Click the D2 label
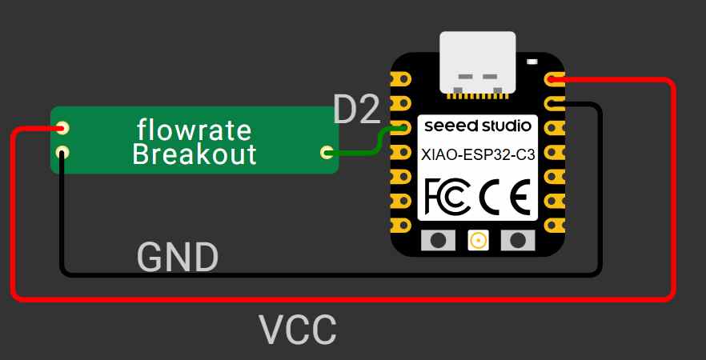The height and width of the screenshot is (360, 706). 357,110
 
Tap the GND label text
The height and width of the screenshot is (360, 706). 178,258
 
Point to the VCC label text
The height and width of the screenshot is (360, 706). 298,330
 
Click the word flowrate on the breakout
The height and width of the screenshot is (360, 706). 194,130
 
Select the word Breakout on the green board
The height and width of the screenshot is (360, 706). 195,154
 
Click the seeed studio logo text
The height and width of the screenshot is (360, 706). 478,126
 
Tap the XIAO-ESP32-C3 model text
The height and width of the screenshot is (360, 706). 478,155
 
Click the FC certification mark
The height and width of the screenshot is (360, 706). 448,196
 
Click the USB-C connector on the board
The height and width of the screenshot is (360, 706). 478,63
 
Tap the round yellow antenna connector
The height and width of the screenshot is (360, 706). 478,240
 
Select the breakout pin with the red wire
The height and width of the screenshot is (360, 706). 62,128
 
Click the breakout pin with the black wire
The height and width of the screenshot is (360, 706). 62,153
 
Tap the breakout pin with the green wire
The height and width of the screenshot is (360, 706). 327,153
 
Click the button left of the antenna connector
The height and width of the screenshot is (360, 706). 438,240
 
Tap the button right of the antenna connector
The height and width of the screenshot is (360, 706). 518,240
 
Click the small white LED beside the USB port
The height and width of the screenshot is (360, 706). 532,61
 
